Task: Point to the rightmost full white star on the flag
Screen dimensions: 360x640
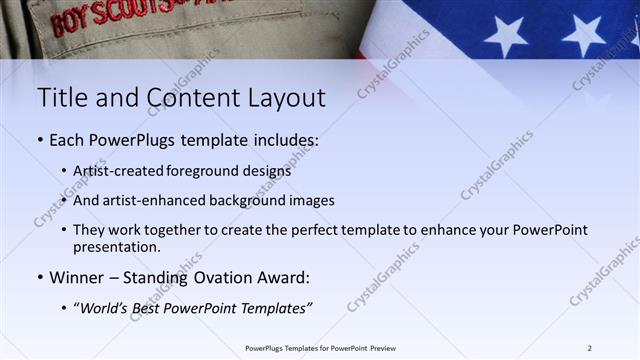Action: click(583, 34)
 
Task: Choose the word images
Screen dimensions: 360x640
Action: click(311, 200)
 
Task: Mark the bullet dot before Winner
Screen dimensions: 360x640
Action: click(39, 277)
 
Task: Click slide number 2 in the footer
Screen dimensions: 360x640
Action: click(589, 348)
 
